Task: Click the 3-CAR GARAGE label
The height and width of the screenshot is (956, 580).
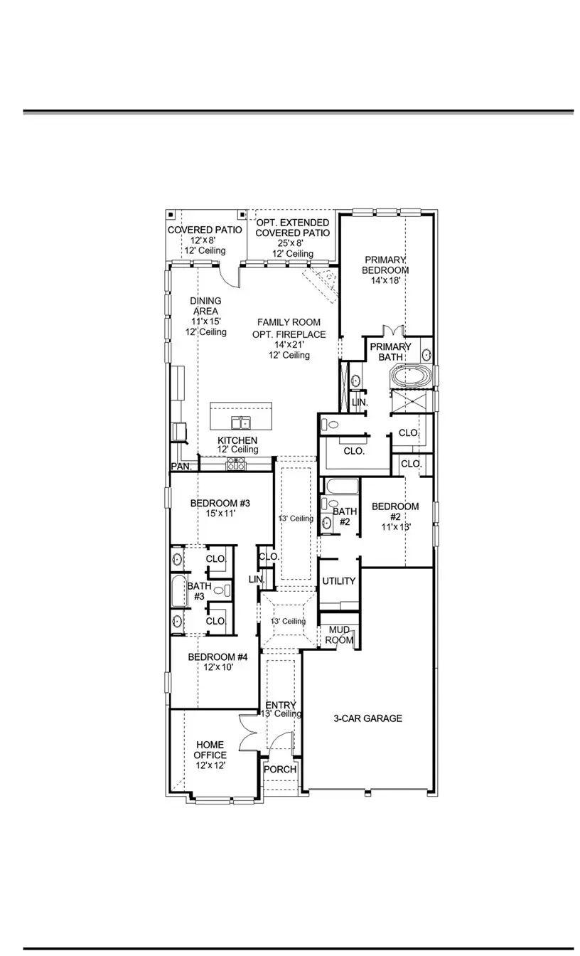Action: tap(367, 718)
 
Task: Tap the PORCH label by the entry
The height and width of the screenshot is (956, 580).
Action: tap(280, 770)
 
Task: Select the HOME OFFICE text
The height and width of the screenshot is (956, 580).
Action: tap(210, 750)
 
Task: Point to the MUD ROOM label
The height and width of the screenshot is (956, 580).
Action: tap(339, 634)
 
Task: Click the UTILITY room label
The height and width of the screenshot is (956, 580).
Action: tap(339, 581)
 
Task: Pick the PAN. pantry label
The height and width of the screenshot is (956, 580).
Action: tap(180, 467)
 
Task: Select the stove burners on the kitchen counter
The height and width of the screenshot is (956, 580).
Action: tap(235, 464)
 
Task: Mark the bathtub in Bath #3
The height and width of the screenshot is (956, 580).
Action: tap(178, 591)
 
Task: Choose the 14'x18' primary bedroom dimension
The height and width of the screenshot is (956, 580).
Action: tap(385, 281)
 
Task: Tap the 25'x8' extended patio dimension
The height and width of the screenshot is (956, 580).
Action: tap(292, 243)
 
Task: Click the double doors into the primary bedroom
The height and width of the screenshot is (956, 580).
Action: tap(393, 331)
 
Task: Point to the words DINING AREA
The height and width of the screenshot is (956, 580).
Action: tap(205, 306)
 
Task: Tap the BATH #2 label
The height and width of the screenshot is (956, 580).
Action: tap(345, 516)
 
